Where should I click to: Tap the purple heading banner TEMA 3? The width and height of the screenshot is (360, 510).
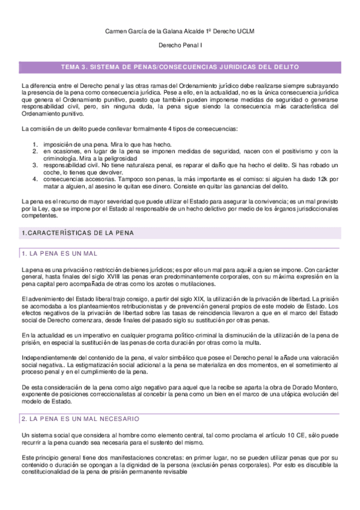coord(180,67)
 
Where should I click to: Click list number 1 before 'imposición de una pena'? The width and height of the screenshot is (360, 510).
coord(35,144)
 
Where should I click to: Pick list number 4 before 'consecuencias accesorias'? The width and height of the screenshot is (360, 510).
coord(35,179)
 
